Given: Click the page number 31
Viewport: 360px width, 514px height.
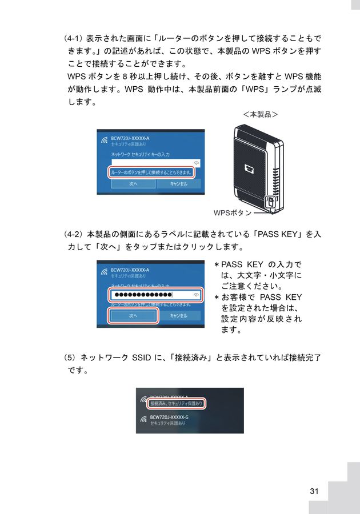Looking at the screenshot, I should pyautogui.click(x=314, y=491).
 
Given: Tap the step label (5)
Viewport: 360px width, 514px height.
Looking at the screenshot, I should pyautogui.click(x=70, y=358).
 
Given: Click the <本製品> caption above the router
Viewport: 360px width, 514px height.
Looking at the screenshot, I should pyautogui.click(x=260, y=114).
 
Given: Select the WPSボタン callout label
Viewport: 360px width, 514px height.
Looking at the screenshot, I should pyautogui.click(x=233, y=213).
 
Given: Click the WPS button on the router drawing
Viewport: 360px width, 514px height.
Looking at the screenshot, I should pyautogui.click(x=271, y=202).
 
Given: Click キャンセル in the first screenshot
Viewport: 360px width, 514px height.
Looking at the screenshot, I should pyautogui.click(x=179, y=184).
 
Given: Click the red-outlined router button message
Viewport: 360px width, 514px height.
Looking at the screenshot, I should pyautogui.click(x=151, y=171).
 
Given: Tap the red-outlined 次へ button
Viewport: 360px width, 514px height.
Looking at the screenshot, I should pyautogui.click(x=133, y=315).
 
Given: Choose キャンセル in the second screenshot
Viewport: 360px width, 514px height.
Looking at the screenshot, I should pyautogui.click(x=179, y=315).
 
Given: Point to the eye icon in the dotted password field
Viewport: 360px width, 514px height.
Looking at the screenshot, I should pyautogui.click(x=197, y=295).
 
